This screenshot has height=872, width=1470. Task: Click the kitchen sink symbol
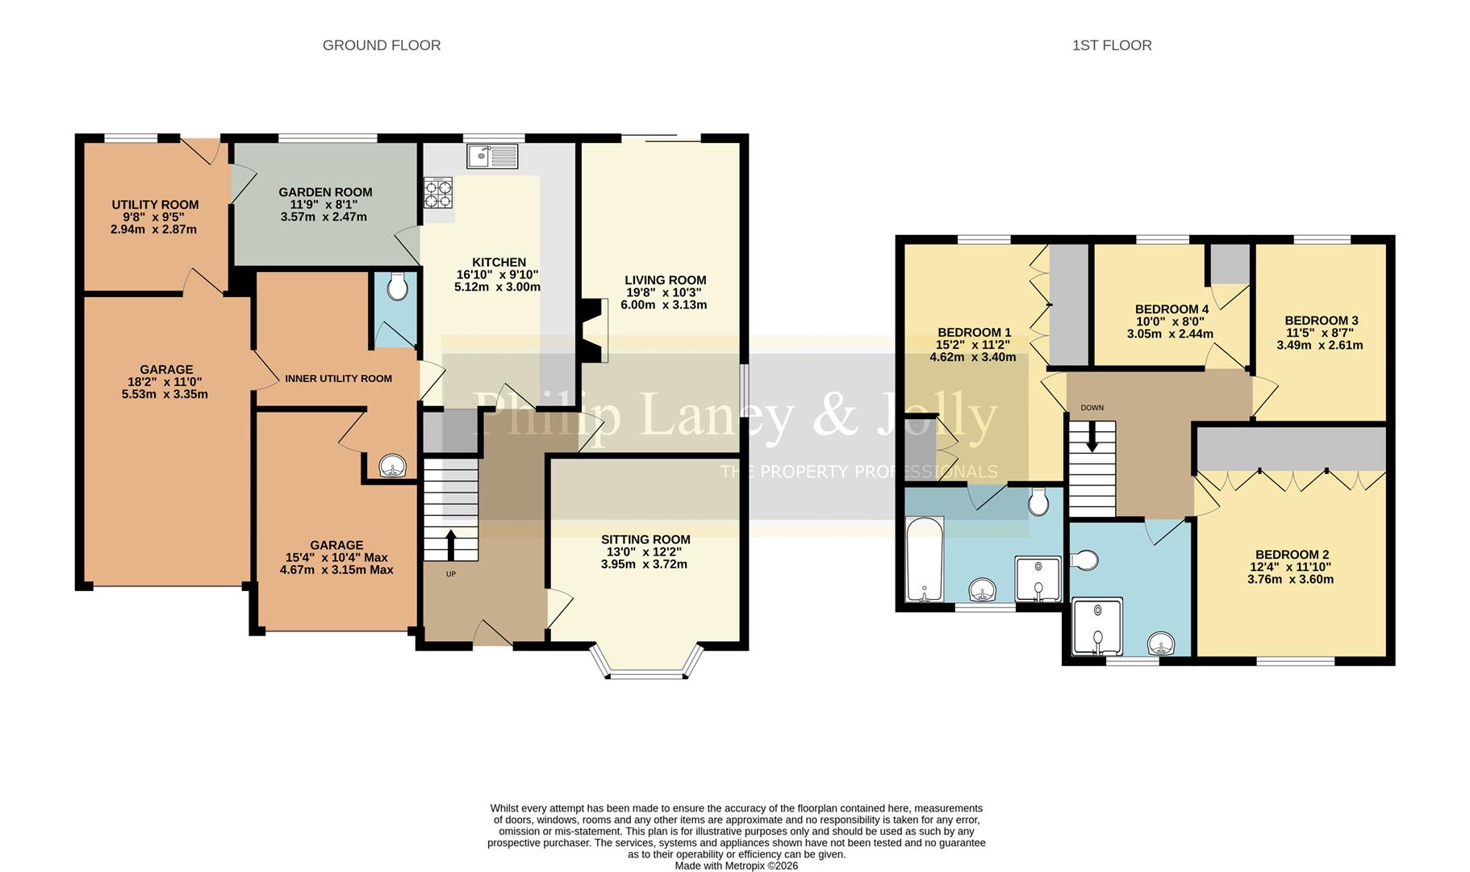(x=492, y=155)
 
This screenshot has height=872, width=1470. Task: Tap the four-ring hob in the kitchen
(x=438, y=194)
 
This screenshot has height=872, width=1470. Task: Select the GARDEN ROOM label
(x=325, y=192)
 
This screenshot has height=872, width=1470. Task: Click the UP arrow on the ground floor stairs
(x=450, y=544)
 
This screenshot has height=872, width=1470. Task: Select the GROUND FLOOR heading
(x=382, y=45)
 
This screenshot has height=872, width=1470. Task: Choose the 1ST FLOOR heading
(x=1111, y=45)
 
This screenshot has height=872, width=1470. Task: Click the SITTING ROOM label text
(x=645, y=539)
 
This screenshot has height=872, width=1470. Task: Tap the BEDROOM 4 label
(x=1171, y=309)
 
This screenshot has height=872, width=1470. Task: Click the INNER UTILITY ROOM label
(x=338, y=379)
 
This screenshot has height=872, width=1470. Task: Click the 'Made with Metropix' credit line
(x=736, y=866)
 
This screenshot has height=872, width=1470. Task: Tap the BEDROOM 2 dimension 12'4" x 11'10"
(x=1291, y=567)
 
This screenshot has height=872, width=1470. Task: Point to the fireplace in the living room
(x=596, y=330)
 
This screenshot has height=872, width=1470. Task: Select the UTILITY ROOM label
(x=155, y=205)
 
